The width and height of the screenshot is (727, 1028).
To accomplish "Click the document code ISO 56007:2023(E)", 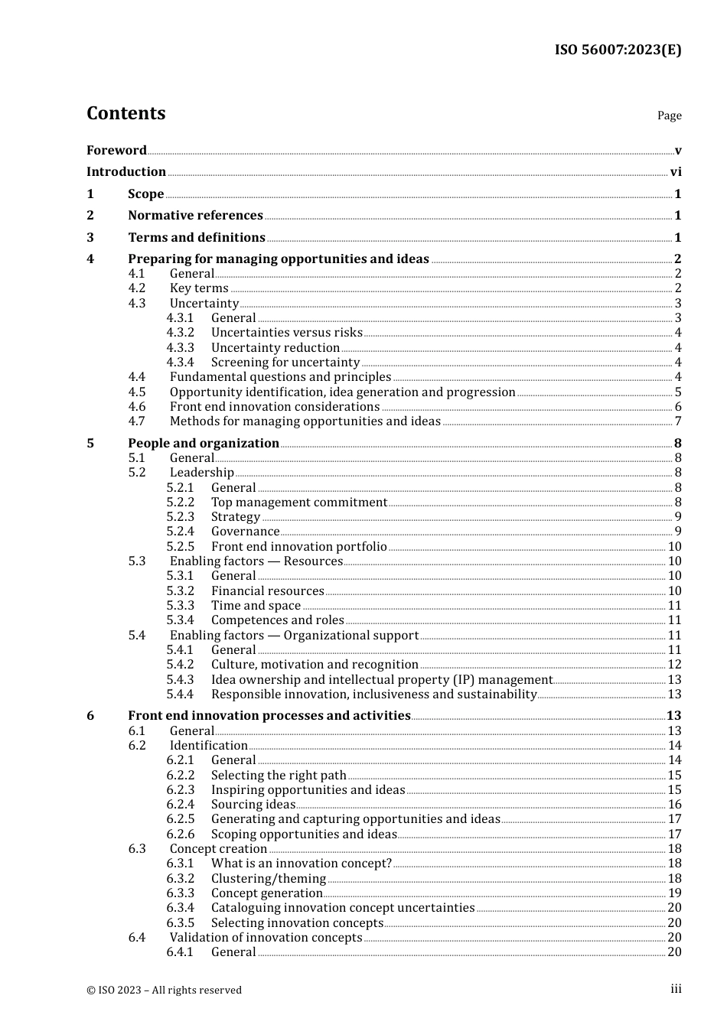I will (x=618, y=50).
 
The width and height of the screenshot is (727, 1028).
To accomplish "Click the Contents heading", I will (x=126, y=113).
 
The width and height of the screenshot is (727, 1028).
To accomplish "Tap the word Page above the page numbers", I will (x=669, y=115).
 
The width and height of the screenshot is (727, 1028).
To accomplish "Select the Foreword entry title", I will (x=116, y=150).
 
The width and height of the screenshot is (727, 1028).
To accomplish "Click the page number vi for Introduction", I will (x=676, y=172).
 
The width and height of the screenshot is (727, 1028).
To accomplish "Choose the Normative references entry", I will (x=195, y=216).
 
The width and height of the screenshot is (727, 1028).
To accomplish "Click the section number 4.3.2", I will (x=180, y=333).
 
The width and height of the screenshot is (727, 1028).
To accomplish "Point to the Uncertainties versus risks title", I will (x=286, y=333).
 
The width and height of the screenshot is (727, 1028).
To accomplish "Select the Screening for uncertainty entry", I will (x=285, y=363).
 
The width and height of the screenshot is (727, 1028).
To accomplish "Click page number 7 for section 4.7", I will (x=677, y=421).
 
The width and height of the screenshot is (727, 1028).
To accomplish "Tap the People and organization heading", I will (x=204, y=444).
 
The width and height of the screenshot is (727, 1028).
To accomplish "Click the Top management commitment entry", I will (x=299, y=503).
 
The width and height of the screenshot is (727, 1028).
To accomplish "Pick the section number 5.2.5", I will (x=180, y=547).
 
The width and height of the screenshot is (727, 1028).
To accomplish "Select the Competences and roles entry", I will (x=277, y=620).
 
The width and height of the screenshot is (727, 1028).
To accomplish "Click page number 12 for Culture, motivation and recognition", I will (x=674, y=665).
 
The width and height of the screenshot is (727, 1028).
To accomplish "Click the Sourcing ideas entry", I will (x=253, y=805).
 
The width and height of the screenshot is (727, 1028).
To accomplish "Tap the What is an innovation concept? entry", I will (x=301, y=864).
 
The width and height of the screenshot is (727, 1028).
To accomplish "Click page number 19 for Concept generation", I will (x=674, y=893).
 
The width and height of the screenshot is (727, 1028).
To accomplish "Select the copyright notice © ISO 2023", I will (x=164, y=990).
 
